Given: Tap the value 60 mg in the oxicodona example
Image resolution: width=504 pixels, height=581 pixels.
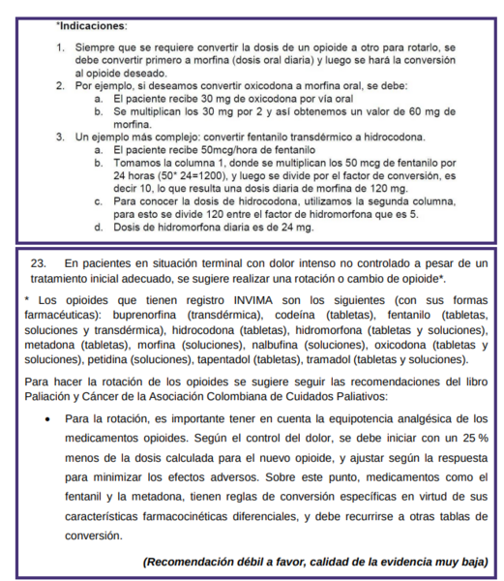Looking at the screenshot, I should (x=430, y=112).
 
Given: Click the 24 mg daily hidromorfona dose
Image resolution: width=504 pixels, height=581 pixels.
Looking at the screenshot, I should (x=298, y=227).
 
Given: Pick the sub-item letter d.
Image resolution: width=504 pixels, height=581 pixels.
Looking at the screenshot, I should (x=98, y=227).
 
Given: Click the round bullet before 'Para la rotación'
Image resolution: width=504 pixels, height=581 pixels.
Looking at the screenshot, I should (x=47, y=419).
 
